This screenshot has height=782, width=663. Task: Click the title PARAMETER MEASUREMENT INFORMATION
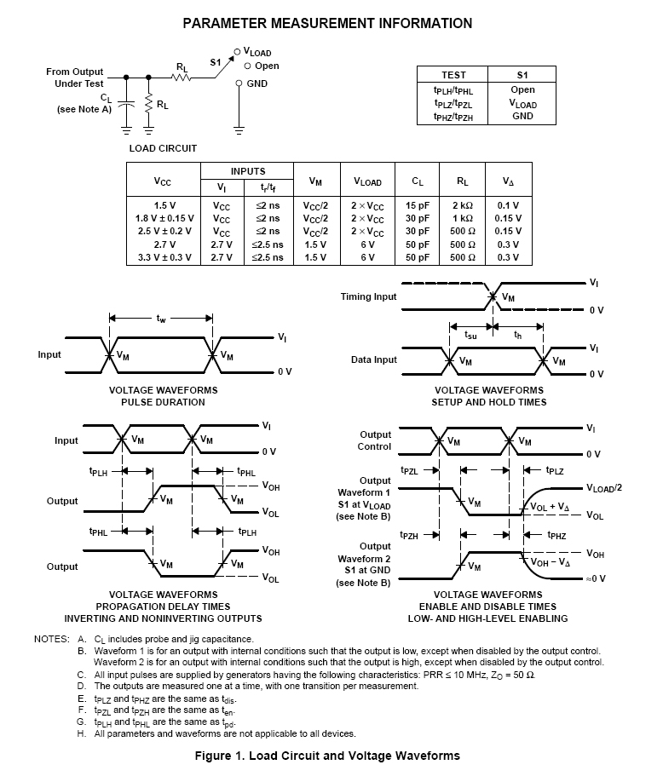click(327, 24)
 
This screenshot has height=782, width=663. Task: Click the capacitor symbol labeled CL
click(126, 104)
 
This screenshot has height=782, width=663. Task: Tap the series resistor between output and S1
click(182, 78)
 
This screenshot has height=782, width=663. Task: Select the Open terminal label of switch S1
click(267, 66)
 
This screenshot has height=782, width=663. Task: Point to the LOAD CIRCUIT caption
click(163, 148)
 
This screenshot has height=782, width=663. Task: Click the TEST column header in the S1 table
click(453, 75)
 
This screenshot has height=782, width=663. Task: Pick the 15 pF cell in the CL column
click(417, 205)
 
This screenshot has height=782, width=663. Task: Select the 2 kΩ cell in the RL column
click(463, 205)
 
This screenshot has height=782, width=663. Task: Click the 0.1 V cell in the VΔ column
click(508, 205)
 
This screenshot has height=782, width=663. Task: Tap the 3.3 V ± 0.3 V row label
click(164, 257)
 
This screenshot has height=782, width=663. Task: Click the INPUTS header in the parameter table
click(248, 171)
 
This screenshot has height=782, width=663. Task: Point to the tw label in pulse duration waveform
click(161, 319)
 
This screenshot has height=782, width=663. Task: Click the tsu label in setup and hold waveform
click(470, 335)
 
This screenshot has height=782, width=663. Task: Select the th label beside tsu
click(518, 335)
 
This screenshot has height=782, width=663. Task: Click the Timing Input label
click(368, 296)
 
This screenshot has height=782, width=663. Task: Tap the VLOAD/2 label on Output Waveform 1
click(604, 488)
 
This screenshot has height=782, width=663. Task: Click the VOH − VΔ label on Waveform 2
click(551, 562)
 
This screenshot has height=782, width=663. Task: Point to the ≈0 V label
click(596, 578)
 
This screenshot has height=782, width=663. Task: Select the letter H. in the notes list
click(81, 733)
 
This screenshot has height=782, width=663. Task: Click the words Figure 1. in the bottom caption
click(218, 756)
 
